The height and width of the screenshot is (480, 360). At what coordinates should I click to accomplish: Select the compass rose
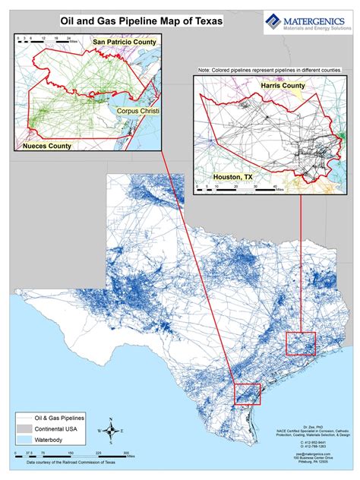pos(112,430)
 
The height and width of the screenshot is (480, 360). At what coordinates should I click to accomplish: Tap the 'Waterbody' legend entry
pos(52,439)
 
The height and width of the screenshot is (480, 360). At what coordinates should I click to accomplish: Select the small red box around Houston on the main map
pos(300,343)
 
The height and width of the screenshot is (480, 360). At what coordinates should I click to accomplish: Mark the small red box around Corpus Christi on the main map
pos(248,394)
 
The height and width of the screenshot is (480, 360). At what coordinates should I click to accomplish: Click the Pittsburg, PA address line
pos(309,463)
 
